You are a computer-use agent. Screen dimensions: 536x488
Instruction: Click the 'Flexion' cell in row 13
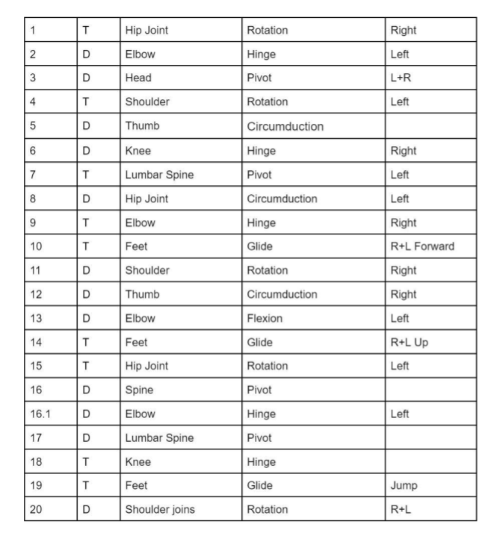(265, 319)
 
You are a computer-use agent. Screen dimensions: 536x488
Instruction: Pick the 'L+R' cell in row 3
(401, 78)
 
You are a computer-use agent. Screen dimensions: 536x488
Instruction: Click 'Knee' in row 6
(138, 151)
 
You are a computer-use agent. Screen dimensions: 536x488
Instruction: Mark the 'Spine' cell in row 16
(139, 390)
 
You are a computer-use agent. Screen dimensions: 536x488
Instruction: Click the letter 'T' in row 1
(87, 31)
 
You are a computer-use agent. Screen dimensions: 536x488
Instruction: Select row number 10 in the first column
(35, 247)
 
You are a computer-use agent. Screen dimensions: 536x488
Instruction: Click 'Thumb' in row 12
(142, 295)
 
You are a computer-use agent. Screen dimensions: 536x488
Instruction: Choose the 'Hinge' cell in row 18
(262, 461)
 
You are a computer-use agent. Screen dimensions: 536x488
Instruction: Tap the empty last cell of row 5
(430, 126)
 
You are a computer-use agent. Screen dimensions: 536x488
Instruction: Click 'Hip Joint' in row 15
(146, 367)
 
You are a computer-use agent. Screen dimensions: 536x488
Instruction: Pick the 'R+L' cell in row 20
(401, 509)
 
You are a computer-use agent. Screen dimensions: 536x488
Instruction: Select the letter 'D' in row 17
(87, 437)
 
